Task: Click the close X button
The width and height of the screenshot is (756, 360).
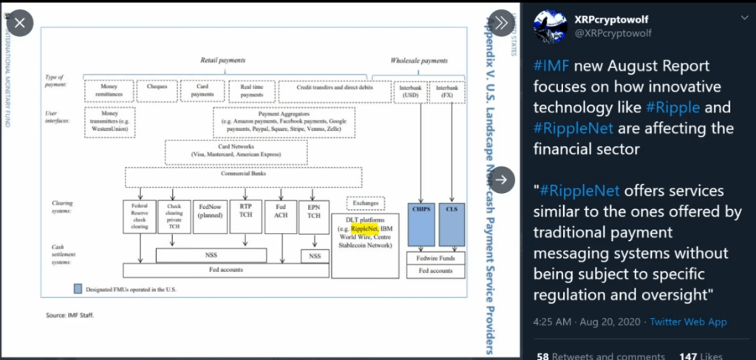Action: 20,23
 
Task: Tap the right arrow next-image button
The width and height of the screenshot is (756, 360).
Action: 501,179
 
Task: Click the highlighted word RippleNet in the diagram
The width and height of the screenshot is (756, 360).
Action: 364,229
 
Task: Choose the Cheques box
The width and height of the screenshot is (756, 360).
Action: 157,87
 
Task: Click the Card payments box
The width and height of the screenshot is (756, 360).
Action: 202,90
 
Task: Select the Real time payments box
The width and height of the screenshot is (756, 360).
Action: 251,90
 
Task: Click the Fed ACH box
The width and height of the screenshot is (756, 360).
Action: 280,217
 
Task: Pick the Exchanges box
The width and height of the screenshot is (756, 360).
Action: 364,202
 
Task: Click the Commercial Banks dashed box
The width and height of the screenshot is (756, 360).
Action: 243,176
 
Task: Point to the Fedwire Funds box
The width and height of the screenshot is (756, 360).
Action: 436,259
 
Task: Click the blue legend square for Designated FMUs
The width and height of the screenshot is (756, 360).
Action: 77,288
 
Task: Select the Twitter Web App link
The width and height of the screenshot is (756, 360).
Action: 688,322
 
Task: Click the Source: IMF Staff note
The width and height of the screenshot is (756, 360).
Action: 71,315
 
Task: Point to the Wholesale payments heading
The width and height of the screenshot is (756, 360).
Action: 419,60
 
